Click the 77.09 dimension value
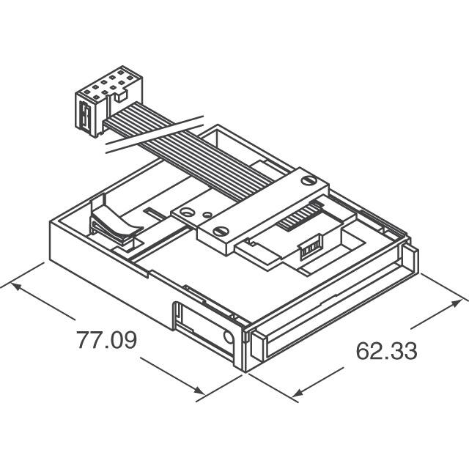pos(106,341)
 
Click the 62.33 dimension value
pos(386,351)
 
